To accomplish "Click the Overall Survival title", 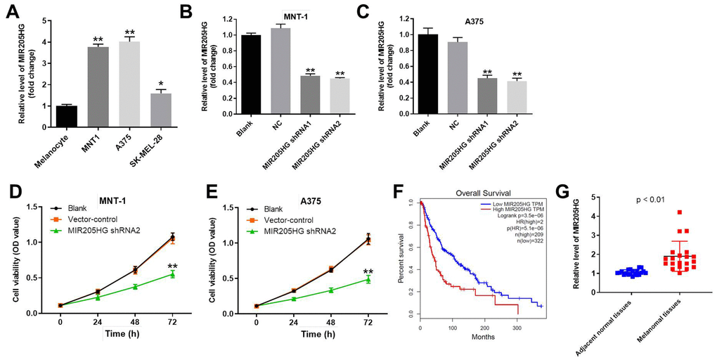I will click(482, 191).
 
